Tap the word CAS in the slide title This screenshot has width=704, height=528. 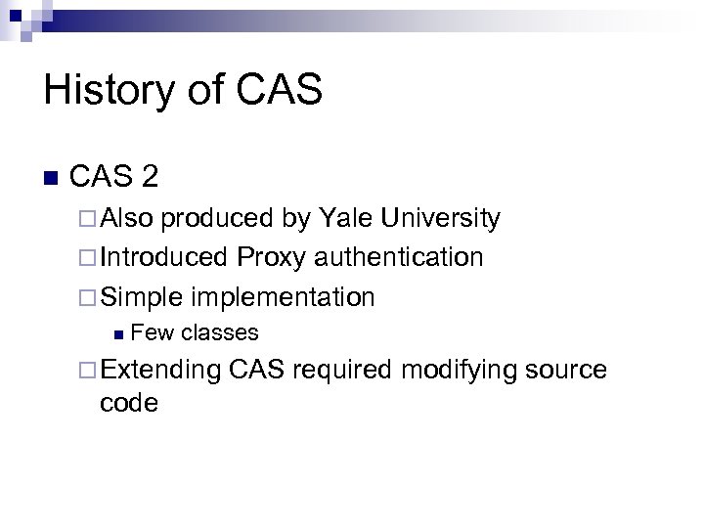point(278,91)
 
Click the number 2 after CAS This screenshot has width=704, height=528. point(150,177)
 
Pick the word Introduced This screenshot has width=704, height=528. point(162,257)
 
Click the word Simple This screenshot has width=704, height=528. point(141,296)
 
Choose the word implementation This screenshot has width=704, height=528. point(284,297)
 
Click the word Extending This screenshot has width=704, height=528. point(160,370)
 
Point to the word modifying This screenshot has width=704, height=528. point(459,370)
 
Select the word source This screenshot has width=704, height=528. point(565,371)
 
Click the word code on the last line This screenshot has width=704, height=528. point(128,402)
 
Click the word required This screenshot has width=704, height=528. point(341,370)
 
